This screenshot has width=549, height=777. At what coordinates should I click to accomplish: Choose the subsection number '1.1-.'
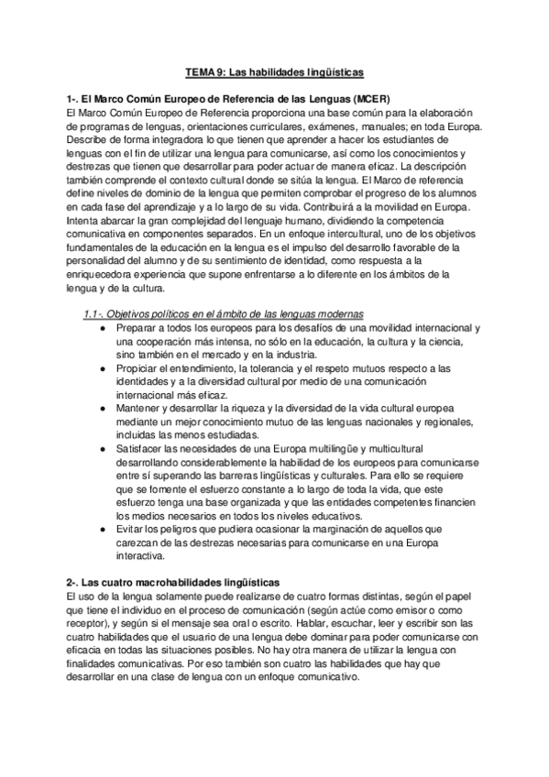point(93,314)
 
